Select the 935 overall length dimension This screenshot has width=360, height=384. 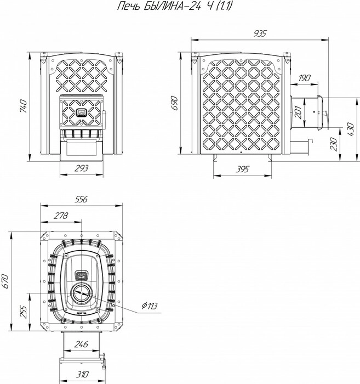coord(260,33)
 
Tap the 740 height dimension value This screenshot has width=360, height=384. coord(23,106)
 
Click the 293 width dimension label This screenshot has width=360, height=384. coord(82,168)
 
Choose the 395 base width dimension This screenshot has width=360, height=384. coord(242,169)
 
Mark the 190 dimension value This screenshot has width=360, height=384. coord(305,78)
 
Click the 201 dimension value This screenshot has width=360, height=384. coord(299,112)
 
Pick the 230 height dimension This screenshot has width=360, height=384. coord(333,144)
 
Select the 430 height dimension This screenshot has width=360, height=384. coord(350,129)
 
